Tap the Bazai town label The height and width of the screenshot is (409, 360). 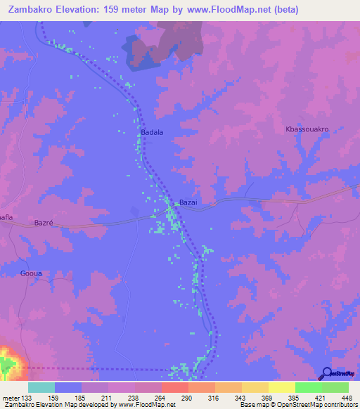pyautogui.click(x=188, y=202)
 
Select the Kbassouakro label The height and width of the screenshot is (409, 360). pyautogui.click(x=307, y=129)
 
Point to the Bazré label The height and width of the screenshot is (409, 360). pyautogui.click(x=44, y=223)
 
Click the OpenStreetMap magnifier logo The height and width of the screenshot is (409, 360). pyautogui.click(x=327, y=374)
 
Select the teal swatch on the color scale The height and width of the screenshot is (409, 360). pyautogui.click(x=41, y=387)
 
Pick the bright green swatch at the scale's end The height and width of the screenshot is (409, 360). pyautogui.click(x=335, y=387)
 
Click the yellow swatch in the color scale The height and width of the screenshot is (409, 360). pyautogui.click(x=281, y=387)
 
